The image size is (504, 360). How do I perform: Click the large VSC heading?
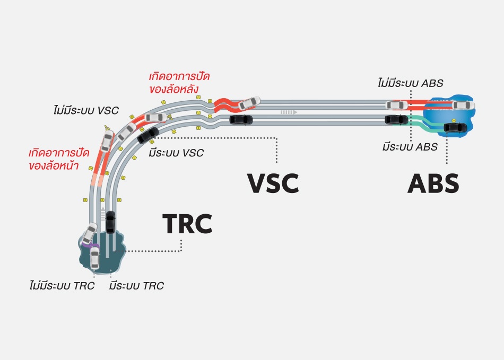tap(273, 183)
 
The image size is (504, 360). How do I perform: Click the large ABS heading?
tap(433, 183)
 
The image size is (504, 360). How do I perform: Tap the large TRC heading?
tap(187, 224)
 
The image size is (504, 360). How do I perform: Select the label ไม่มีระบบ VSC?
tap(86, 111)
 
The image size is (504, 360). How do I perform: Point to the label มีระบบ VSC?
tap(176, 153)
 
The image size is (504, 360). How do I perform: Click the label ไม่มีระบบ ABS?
tap(410, 83)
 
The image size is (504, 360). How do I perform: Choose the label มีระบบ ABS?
tap(410, 147)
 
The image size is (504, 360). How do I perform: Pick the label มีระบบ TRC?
tap(136, 286)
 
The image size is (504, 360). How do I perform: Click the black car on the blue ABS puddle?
tap(456, 127)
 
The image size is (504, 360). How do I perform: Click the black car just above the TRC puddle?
tap(110, 222)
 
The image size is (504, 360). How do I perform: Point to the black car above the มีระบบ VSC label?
tap(147, 135)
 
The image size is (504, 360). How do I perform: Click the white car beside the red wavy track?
tap(249, 103)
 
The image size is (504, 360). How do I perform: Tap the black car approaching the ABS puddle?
tap(396, 119)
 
